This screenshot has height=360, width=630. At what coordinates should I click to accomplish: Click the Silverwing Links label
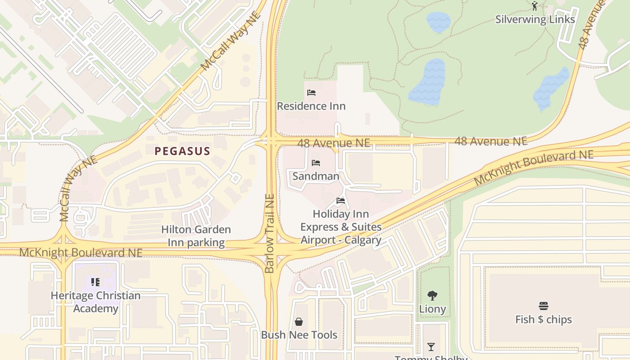pyautogui.click(x=535, y=19)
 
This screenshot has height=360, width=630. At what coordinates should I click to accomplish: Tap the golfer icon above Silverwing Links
pyautogui.click(x=535, y=6)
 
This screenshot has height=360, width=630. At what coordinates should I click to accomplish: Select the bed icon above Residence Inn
pyautogui.click(x=311, y=93)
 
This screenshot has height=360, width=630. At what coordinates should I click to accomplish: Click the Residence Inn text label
pyautogui.click(x=311, y=106)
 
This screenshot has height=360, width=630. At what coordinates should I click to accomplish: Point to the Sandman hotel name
pyautogui.click(x=316, y=176)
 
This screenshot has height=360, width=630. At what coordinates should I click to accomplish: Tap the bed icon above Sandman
pyautogui.click(x=316, y=163)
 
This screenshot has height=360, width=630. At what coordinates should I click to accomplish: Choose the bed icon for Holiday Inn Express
pyautogui.click(x=341, y=201)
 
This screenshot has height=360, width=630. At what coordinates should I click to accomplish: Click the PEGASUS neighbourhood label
pyautogui.click(x=182, y=151)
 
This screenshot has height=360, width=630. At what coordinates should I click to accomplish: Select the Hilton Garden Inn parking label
pyautogui.click(x=196, y=236)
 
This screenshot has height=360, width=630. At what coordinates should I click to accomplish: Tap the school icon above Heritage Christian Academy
pyautogui.click(x=95, y=282)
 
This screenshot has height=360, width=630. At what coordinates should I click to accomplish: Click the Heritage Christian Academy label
pyautogui.click(x=95, y=302)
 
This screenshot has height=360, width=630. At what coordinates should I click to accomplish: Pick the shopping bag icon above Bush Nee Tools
pyautogui.click(x=299, y=321)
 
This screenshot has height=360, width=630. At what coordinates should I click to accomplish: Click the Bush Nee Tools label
pyautogui.click(x=299, y=335)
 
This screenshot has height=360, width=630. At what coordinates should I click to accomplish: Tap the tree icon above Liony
pyautogui.click(x=432, y=296)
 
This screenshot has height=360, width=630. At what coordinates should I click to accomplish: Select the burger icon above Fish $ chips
pyautogui.click(x=544, y=306)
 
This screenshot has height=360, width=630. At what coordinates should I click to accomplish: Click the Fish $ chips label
pyautogui.click(x=544, y=319)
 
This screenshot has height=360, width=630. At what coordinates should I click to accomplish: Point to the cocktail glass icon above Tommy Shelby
pyautogui.click(x=431, y=346)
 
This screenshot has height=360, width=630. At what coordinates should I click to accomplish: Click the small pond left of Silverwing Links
pyautogui.click(x=438, y=22)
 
